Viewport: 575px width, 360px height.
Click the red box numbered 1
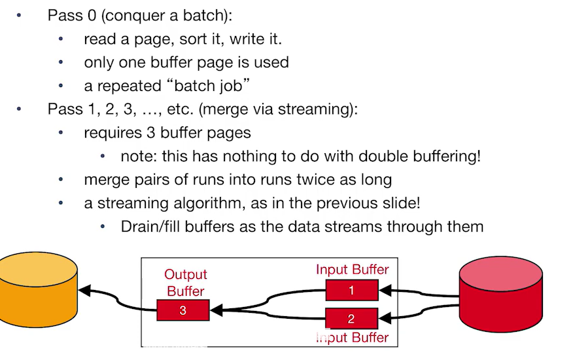click(351, 290)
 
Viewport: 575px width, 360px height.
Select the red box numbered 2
click(351, 319)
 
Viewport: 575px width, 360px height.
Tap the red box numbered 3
click(183, 310)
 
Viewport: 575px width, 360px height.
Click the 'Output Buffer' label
click(185, 283)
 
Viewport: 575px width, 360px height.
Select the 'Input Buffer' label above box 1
click(352, 270)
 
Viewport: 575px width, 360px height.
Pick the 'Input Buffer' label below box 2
click(352, 338)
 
